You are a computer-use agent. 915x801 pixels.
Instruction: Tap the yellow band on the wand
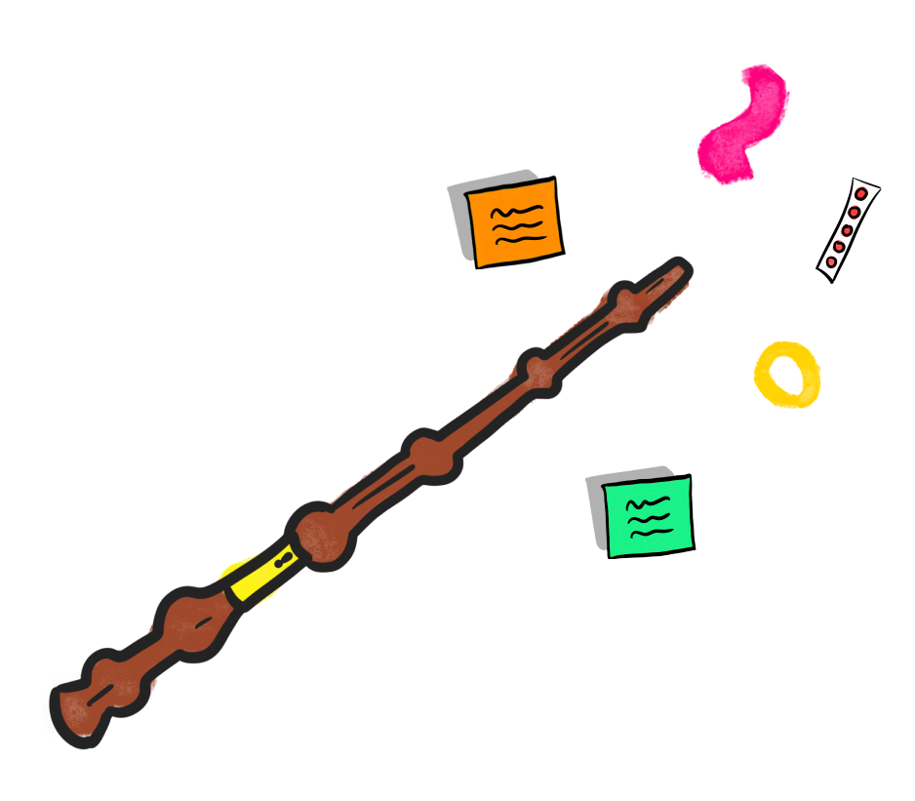(257, 577)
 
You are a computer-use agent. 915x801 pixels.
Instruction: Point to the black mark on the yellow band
(283, 562)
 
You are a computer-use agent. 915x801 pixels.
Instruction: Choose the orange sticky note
(513, 222)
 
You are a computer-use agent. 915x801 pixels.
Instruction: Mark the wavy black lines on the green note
(649, 517)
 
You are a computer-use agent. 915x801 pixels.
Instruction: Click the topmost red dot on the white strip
(861, 195)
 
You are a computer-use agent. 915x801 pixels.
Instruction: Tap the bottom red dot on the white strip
(832, 261)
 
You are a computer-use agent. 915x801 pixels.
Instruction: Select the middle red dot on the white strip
(847, 229)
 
